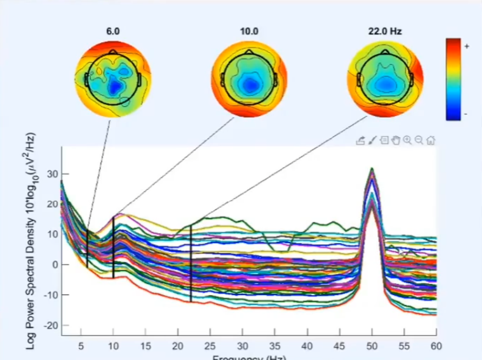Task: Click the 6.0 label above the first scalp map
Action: click(113, 31)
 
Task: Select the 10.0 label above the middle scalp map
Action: click(249, 31)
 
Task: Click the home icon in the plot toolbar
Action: click(431, 141)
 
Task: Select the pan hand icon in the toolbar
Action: click(395, 141)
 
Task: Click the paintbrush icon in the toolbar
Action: click(372, 141)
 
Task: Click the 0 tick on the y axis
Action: click(55, 265)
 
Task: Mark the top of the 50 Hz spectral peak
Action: click(372, 168)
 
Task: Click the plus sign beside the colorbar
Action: click(467, 47)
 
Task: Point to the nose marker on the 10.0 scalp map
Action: click(249, 51)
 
